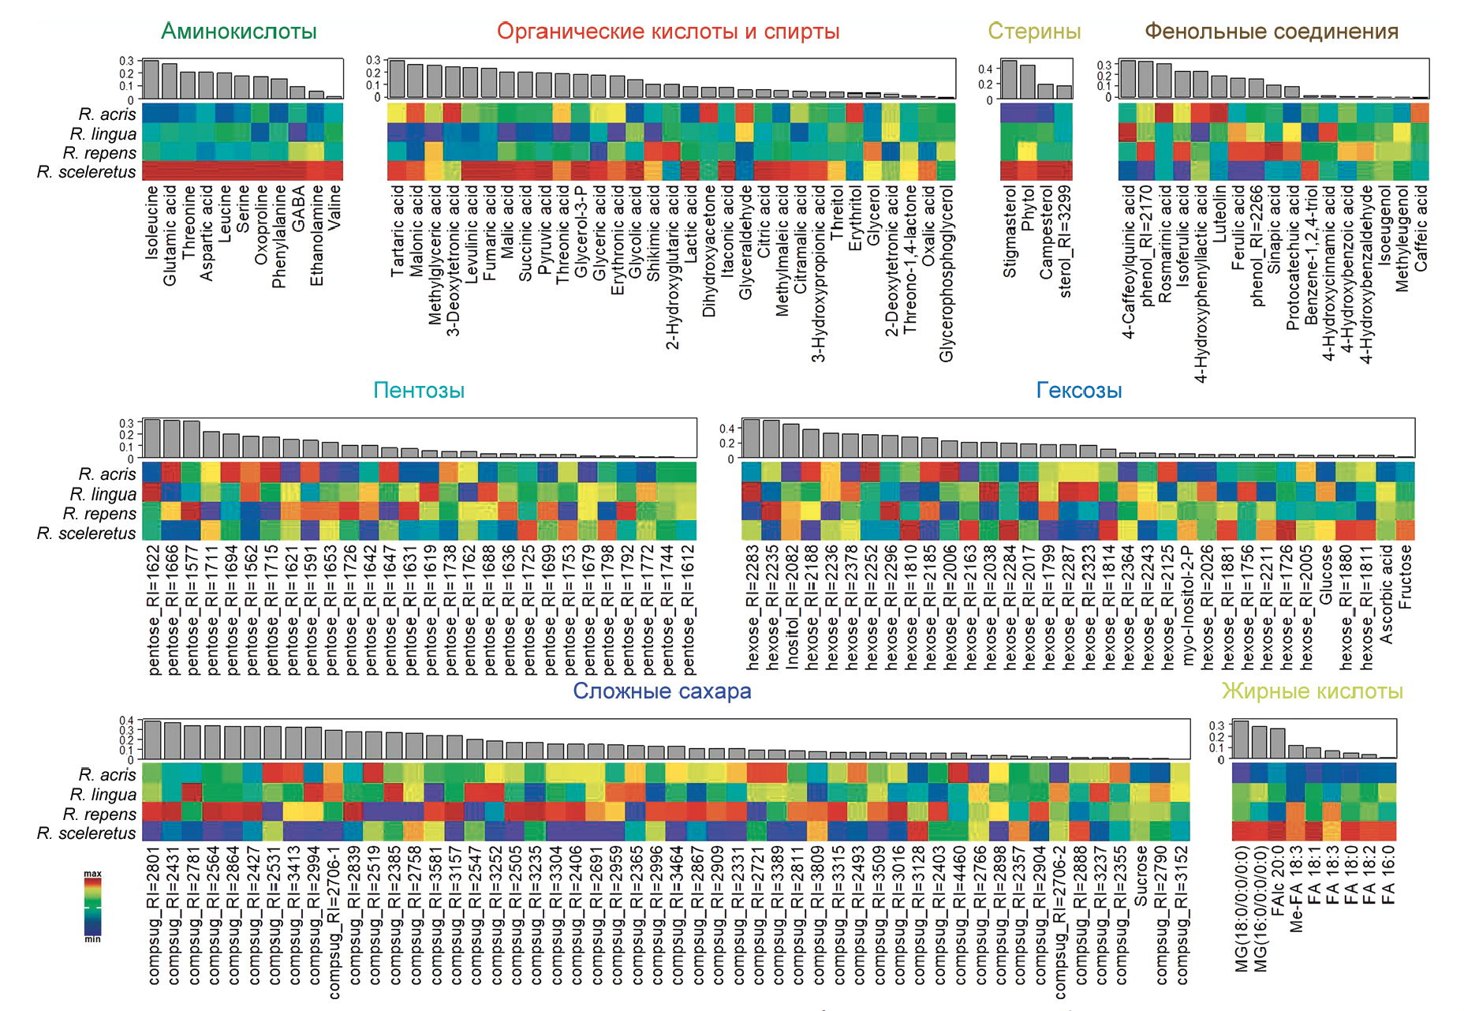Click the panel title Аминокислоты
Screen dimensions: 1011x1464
(x=238, y=32)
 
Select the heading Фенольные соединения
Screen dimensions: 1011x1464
(x=1271, y=32)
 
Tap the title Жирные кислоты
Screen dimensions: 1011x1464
(x=1312, y=691)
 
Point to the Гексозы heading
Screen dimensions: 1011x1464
(x=1078, y=391)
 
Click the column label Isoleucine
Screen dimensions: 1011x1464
(x=152, y=222)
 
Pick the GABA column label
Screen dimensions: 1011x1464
(x=299, y=208)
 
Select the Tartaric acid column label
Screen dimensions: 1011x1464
(x=398, y=230)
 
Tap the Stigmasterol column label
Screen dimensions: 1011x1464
(x=1010, y=231)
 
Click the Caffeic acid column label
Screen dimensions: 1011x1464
(x=1421, y=228)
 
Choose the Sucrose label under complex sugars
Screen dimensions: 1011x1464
(x=1141, y=876)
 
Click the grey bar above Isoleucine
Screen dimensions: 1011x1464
(x=151, y=80)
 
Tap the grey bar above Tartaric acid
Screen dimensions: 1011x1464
(x=397, y=79)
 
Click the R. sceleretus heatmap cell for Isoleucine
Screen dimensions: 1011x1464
(x=151, y=171)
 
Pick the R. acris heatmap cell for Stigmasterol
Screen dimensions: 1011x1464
(x=1009, y=114)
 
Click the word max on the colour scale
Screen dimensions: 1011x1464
(x=93, y=874)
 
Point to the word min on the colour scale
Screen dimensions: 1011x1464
(x=93, y=939)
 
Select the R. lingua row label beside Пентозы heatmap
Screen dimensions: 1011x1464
(x=103, y=494)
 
